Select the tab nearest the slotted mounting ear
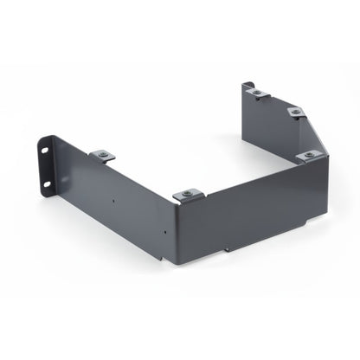click(x=103, y=156)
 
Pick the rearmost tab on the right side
click(x=256, y=92)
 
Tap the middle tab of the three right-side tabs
click(x=295, y=112)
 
